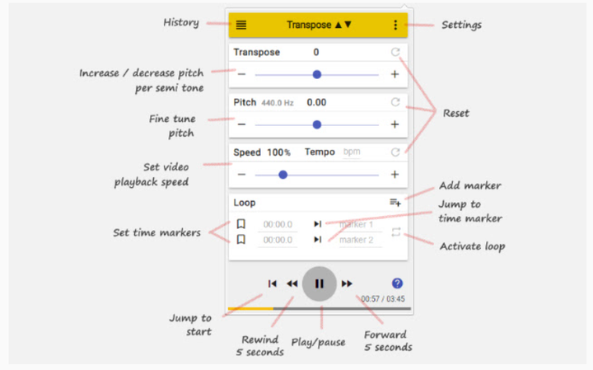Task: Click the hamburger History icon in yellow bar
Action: [x=240, y=25]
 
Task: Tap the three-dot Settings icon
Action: [x=395, y=25]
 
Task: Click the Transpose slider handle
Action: [x=317, y=74]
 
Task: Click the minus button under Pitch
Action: [x=241, y=124]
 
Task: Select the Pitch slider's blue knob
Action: [x=317, y=124]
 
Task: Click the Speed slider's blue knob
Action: [x=282, y=175]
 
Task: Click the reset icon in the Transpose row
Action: [x=395, y=53]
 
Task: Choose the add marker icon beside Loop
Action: [x=395, y=202]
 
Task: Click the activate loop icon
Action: [x=396, y=232]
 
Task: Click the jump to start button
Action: [x=272, y=283]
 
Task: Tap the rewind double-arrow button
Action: [x=292, y=283]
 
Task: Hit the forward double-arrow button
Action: [x=347, y=283]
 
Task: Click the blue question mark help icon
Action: [x=397, y=283]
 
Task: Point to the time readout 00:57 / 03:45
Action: [x=383, y=299]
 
